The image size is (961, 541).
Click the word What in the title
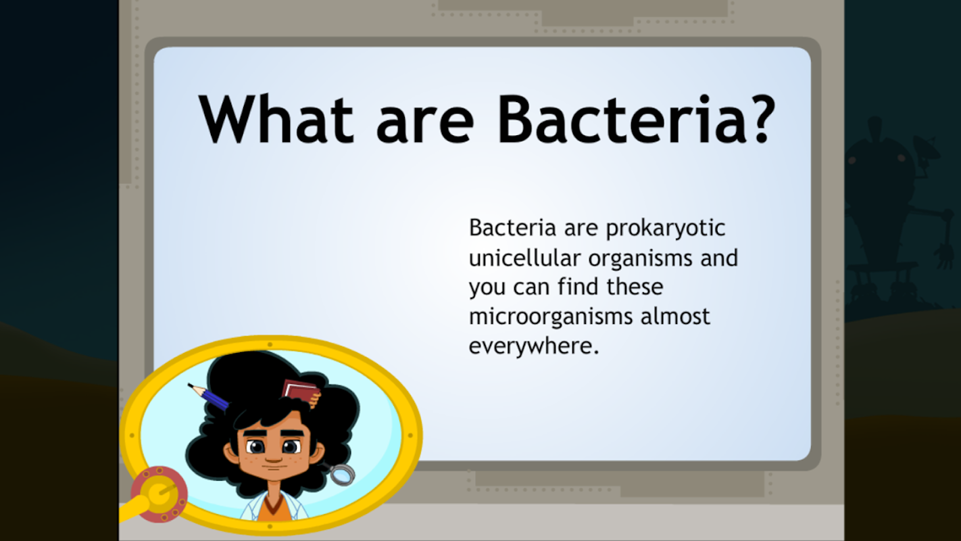(x=276, y=118)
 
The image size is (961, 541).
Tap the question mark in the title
(x=760, y=118)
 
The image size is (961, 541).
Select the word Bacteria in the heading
(x=618, y=118)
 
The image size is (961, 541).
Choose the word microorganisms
(x=550, y=317)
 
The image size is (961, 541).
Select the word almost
(x=675, y=316)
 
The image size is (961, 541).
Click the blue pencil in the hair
(x=210, y=397)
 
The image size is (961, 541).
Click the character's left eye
(x=291, y=447)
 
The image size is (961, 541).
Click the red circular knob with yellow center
(x=159, y=494)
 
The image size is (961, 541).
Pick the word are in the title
(x=424, y=125)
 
